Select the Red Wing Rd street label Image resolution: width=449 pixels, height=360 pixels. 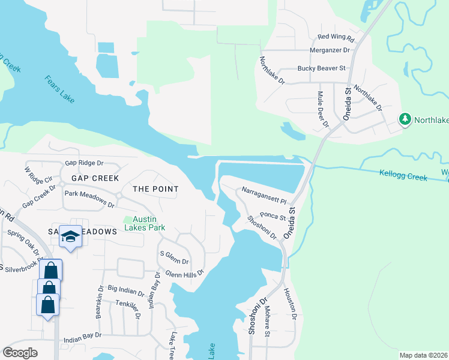click(336, 38)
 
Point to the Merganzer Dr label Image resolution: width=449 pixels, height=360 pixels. click(328, 50)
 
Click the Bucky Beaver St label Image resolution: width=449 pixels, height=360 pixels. click(321, 68)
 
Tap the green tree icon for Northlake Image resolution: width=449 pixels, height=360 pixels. click(406, 119)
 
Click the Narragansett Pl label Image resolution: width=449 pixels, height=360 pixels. click(265, 194)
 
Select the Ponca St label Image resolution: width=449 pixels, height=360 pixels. click(272, 216)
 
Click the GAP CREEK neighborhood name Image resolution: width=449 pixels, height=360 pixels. click(95, 178)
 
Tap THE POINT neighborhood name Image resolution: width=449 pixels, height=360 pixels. click(155, 189)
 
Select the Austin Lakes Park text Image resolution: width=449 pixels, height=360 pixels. click(145, 223)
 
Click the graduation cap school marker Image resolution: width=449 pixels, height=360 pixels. click(70, 238)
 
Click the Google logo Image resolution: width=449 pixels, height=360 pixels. click(20, 353)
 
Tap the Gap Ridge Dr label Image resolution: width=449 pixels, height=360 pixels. click(84, 163)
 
